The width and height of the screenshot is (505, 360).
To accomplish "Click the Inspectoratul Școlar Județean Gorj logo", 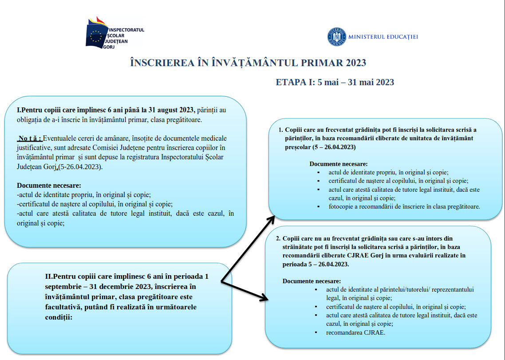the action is coord(114,33).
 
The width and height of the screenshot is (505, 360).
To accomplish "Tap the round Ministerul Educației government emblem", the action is coord(337,37).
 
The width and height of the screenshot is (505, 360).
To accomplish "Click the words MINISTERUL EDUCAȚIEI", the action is coord(383,37).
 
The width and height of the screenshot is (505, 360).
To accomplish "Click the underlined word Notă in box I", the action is coord(30,138).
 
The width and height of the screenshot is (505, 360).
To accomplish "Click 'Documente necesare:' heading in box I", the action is coord(49,186).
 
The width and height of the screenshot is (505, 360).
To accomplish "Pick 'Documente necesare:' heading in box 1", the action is coord(338,164).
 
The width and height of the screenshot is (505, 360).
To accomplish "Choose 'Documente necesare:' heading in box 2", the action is coord(312,281).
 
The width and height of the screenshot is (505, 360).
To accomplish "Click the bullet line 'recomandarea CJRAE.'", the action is coord(355,332).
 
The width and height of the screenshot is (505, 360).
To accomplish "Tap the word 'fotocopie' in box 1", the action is coord(342,206).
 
